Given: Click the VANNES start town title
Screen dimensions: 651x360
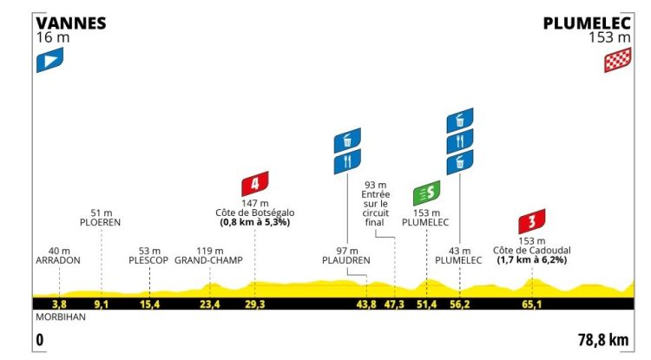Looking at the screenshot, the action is pyautogui.click(x=71, y=23).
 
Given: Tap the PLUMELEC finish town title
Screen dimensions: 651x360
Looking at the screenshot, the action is pyautogui.click(x=587, y=23).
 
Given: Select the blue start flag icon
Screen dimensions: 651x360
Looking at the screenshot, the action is pyautogui.click(x=49, y=60).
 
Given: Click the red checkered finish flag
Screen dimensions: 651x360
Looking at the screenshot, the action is pyautogui.click(x=618, y=60).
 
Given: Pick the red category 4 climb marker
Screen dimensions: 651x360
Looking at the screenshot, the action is pyautogui.click(x=255, y=183).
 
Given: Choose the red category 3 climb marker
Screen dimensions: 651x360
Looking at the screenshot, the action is pyautogui.click(x=532, y=221).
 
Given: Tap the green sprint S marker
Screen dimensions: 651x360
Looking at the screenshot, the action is pyautogui.click(x=427, y=193).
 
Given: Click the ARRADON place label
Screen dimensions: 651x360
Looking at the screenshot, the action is pyautogui.click(x=58, y=260).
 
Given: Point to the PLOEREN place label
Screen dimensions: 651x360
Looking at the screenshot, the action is pyautogui.click(x=101, y=222).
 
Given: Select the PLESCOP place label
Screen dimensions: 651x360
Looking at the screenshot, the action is pyautogui.click(x=148, y=260).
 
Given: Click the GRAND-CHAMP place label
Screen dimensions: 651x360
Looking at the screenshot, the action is pyautogui.click(x=208, y=260).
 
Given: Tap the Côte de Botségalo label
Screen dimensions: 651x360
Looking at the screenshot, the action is pyautogui.click(x=255, y=213).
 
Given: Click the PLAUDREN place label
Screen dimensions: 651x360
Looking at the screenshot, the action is pyautogui.click(x=346, y=260).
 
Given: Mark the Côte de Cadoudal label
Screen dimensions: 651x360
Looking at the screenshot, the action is pyautogui.click(x=532, y=251).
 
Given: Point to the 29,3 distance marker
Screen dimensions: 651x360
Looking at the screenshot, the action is pyautogui.click(x=254, y=304).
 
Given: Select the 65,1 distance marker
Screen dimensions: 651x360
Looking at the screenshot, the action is pyautogui.click(x=532, y=304).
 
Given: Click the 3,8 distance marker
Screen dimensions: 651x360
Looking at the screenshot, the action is pyautogui.click(x=59, y=304).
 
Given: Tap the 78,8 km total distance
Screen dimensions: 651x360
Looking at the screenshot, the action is pyautogui.click(x=603, y=340).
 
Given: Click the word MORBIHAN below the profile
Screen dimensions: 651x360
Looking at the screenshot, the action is pyautogui.click(x=61, y=317).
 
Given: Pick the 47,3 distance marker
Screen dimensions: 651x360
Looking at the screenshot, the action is pyautogui.click(x=394, y=304).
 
